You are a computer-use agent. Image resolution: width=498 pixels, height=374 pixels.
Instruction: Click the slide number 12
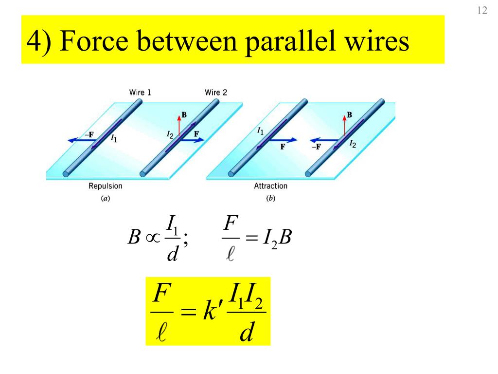click(482, 11)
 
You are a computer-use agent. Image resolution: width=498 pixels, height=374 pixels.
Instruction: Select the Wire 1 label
click(140, 93)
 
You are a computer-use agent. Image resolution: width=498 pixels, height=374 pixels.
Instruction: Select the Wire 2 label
click(215, 93)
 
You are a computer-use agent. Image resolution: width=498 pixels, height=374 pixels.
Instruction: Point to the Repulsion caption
click(105, 186)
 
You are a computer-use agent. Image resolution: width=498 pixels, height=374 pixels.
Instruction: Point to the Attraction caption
click(270, 186)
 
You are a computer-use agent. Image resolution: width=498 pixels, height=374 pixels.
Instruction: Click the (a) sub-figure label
click(105, 198)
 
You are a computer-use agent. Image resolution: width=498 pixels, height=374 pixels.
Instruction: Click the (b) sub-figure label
click(270, 198)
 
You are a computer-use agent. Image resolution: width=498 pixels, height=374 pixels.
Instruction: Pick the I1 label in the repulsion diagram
click(114, 139)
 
